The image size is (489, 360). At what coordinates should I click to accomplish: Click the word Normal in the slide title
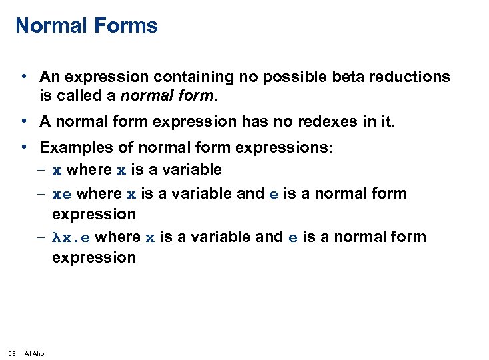(51, 26)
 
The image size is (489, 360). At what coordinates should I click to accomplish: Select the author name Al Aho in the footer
(34, 353)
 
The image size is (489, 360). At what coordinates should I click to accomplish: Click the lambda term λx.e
(72, 237)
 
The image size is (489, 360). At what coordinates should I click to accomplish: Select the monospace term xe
(62, 194)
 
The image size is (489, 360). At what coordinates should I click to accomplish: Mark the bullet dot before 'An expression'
(23, 77)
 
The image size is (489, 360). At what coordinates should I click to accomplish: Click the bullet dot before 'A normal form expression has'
(23, 121)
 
